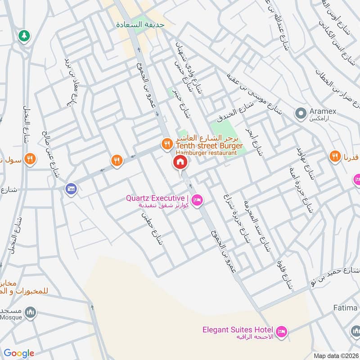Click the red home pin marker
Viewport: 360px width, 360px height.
[x=180, y=162]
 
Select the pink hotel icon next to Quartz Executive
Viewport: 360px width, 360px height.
[x=196, y=200]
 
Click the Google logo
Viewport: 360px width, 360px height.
[x=19, y=353]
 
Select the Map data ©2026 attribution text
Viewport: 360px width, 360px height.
[x=335, y=355]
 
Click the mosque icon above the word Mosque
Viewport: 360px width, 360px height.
[x=30, y=312]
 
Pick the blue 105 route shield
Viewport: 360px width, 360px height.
[x=70, y=188]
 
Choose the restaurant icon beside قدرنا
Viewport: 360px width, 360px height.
[x=334, y=156]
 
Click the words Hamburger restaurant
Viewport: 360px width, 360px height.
[x=207, y=153]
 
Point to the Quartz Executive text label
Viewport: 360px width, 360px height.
[x=157, y=198]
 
